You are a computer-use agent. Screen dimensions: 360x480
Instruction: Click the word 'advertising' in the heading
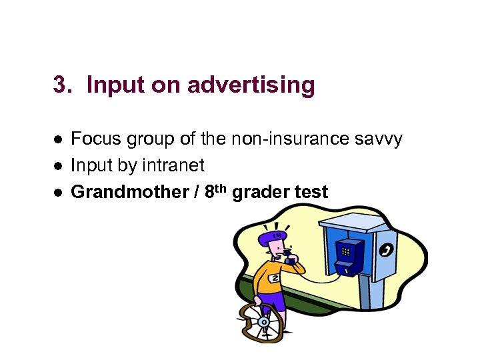251,85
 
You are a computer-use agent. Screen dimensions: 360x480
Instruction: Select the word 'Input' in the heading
116,85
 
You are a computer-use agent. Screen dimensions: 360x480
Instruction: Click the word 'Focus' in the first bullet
96,139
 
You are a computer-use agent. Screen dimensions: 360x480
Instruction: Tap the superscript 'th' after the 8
222,188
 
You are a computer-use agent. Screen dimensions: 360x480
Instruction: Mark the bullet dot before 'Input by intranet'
59,166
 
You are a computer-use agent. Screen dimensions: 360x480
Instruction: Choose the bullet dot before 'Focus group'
59,139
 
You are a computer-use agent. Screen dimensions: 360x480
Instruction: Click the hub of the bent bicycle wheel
263,323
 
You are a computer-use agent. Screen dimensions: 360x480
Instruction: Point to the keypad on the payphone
345,251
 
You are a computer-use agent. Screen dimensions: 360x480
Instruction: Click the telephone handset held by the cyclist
288,253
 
